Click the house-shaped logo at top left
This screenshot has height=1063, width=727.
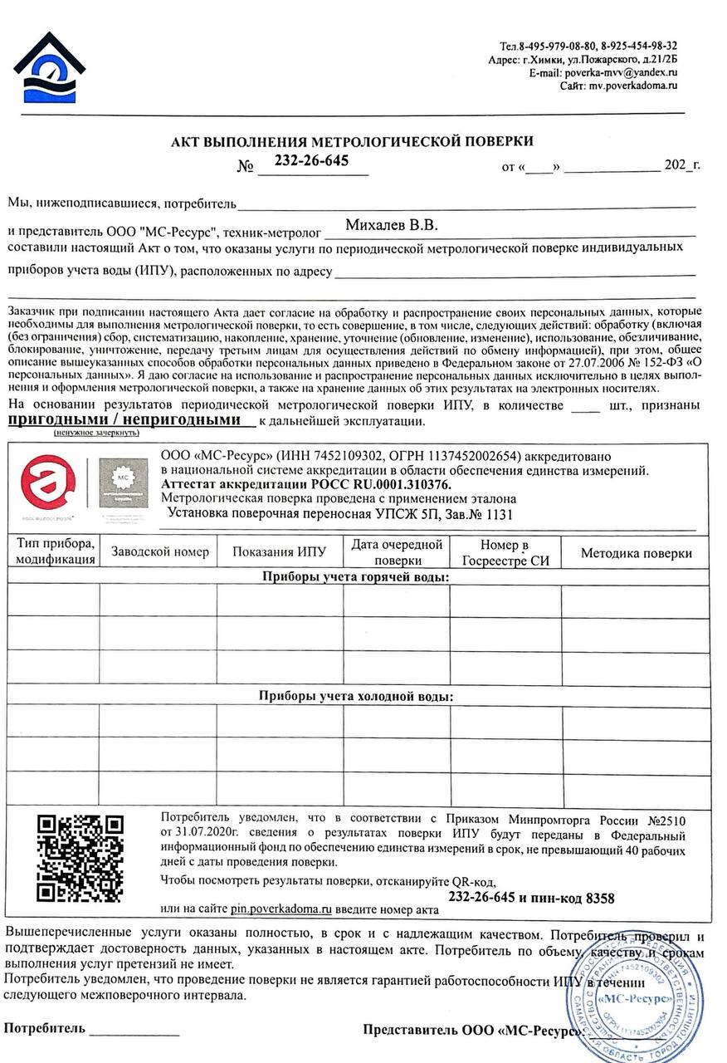click(48, 68)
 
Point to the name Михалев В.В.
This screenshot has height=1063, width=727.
click(391, 226)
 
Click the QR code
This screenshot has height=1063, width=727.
click(81, 858)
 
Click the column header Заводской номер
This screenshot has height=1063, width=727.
click(159, 552)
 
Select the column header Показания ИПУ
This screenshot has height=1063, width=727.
click(279, 552)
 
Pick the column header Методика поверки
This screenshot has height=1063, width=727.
click(636, 553)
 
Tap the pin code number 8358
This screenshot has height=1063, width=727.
click(600, 899)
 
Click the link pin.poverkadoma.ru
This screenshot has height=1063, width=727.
click(281, 909)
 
